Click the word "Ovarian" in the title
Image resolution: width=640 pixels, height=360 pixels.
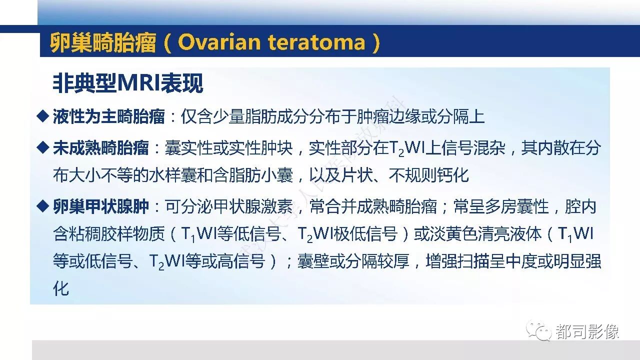[x=219, y=42]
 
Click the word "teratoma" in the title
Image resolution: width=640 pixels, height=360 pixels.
[x=316, y=42]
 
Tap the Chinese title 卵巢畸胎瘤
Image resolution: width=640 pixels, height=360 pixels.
[x=103, y=42]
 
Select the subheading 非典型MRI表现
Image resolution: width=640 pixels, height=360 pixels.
[x=128, y=83]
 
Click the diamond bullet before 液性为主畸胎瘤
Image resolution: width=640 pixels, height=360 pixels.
[x=43, y=116]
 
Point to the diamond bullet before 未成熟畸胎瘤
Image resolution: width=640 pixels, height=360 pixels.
[x=43, y=147]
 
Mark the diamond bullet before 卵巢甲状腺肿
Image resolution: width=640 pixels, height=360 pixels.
[x=43, y=206]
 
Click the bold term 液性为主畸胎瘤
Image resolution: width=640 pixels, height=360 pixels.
[x=109, y=116]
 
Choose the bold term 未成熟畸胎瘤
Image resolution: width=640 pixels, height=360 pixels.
[x=101, y=147]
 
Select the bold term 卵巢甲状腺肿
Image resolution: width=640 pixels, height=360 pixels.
[x=101, y=206]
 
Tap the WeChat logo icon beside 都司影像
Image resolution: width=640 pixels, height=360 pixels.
[x=539, y=330]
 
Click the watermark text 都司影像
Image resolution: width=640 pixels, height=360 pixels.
[x=587, y=331]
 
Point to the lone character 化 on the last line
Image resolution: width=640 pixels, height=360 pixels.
[x=61, y=288]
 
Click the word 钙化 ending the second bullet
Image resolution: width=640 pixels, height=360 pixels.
[x=453, y=175]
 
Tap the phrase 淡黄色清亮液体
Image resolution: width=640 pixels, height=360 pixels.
[x=478, y=233]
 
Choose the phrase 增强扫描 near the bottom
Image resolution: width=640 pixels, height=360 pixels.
[x=457, y=261]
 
